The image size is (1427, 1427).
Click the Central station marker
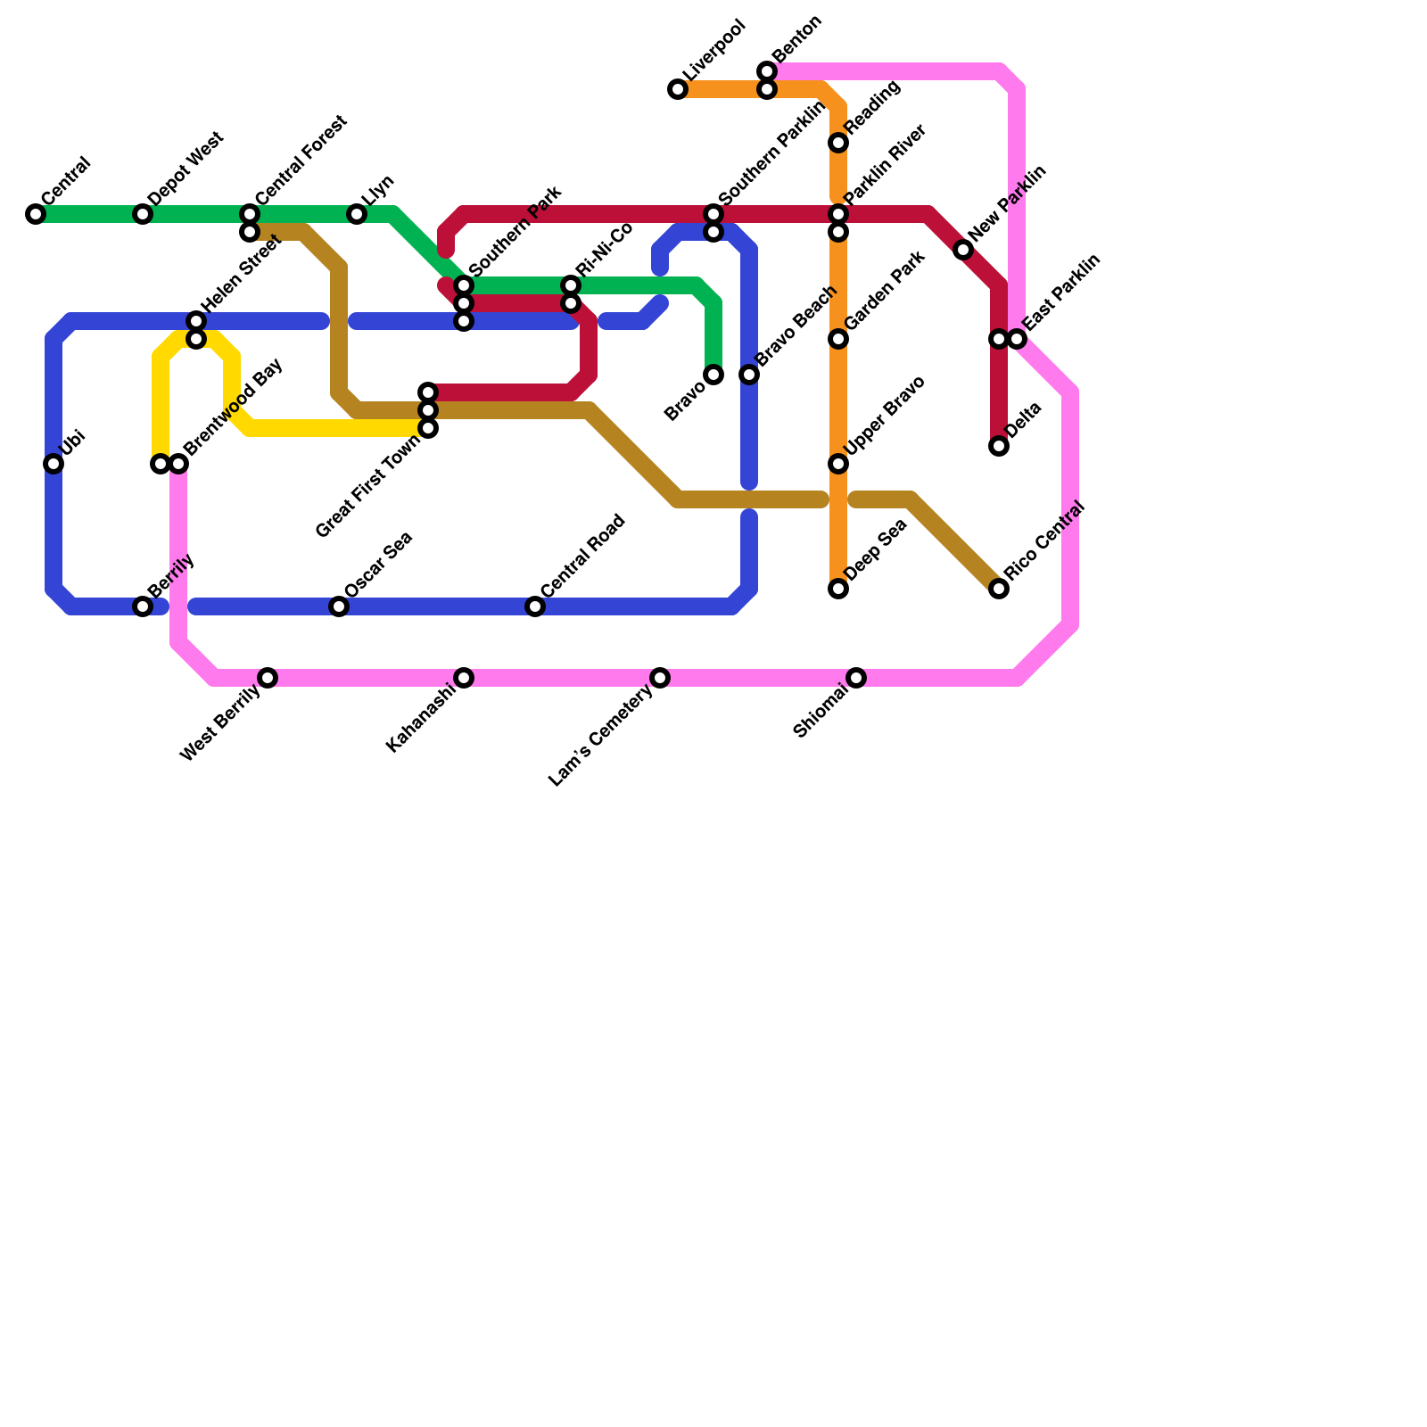pyautogui.click(x=36, y=214)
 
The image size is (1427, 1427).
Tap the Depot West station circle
pyautogui.click(x=143, y=214)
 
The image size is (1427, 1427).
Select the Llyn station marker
pyautogui.click(x=357, y=214)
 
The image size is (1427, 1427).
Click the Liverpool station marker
pyautogui.click(x=678, y=89)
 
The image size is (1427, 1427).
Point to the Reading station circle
pyautogui.click(x=838, y=143)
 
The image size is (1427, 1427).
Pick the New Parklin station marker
pyautogui.click(x=963, y=250)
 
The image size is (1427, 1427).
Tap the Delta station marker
pyautogui.click(x=999, y=446)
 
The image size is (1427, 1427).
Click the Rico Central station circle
pyautogui.click(x=999, y=589)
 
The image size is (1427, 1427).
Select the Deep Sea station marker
pyautogui.click(x=838, y=589)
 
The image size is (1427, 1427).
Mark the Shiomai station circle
pyautogui.click(x=856, y=678)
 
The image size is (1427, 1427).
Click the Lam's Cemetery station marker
pyautogui.click(x=660, y=678)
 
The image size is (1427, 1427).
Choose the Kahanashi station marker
pyautogui.click(x=464, y=678)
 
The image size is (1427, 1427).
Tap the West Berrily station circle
pyautogui.click(x=268, y=678)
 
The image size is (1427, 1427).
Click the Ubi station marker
pyautogui.click(x=54, y=464)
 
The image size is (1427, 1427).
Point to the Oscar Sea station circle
pyautogui.click(x=339, y=606)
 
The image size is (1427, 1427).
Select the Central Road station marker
pyautogui.click(x=535, y=606)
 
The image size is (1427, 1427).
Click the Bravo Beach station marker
pyautogui.click(x=749, y=375)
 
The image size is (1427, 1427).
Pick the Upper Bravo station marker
pyautogui.click(x=838, y=464)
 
